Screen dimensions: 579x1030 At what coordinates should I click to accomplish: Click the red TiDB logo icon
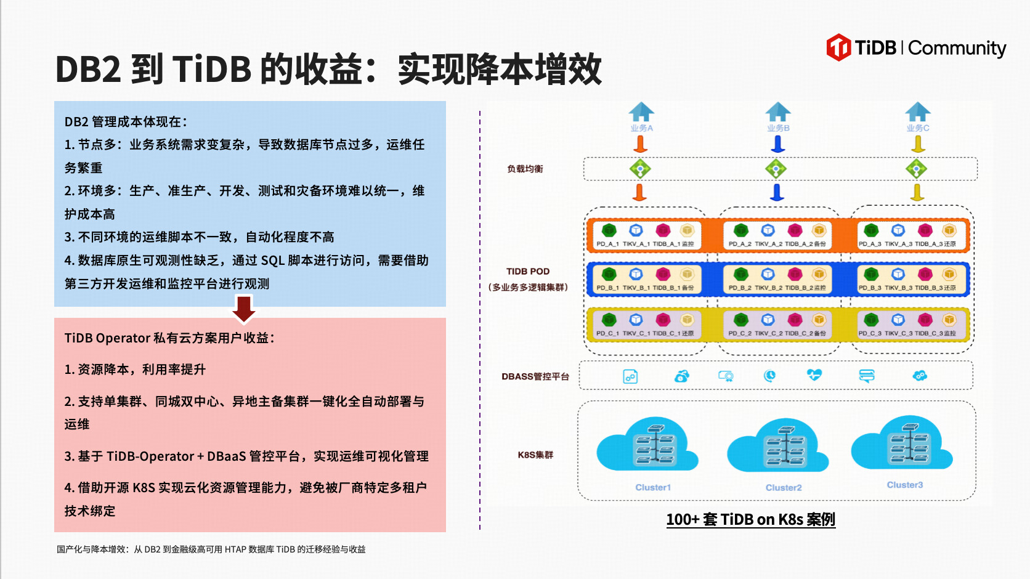(x=838, y=47)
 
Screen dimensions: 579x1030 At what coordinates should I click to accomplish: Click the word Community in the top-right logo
(x=957, y=48)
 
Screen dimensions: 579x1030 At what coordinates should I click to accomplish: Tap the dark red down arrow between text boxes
(x=244, y=309)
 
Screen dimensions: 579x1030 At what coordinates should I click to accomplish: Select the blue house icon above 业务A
(x=641, y=111)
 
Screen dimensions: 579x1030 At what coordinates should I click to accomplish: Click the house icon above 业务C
(x=918, y=111)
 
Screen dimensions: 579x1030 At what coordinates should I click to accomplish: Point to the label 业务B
(x=778, y=128)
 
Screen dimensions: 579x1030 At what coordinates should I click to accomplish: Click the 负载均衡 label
(x=525, y=169)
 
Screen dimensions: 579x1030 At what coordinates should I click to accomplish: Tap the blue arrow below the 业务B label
(x=778, y=144)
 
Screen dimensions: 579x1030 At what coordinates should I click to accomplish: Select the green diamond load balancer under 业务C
(x=917, y=169)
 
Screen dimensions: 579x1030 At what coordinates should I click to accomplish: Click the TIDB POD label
(x=528, y=271)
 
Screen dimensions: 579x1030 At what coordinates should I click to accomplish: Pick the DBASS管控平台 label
(x=535, y=376)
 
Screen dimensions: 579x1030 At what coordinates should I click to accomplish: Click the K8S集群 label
(x=535, y=455)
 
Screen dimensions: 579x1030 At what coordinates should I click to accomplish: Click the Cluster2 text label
(x=784, y=488)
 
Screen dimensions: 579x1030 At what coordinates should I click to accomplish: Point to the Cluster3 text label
(x=905, y=485)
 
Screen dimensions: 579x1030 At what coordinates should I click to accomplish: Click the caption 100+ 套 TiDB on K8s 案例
(x=750, y=519)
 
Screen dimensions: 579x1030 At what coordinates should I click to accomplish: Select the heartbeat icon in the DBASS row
(x=814, y=375)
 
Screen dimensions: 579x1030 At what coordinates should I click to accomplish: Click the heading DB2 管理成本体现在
(x=126, y=122)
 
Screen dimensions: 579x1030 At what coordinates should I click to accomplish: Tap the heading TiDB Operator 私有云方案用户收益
(x=169, y=338)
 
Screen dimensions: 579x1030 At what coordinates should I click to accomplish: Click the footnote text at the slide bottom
(x=211, y=549)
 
